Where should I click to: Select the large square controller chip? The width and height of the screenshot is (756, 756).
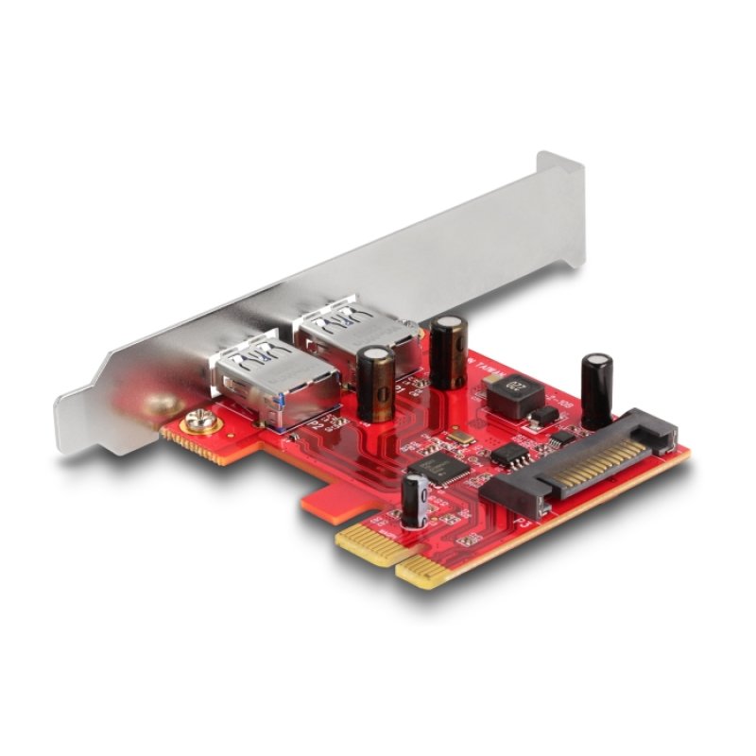(438, 468)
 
